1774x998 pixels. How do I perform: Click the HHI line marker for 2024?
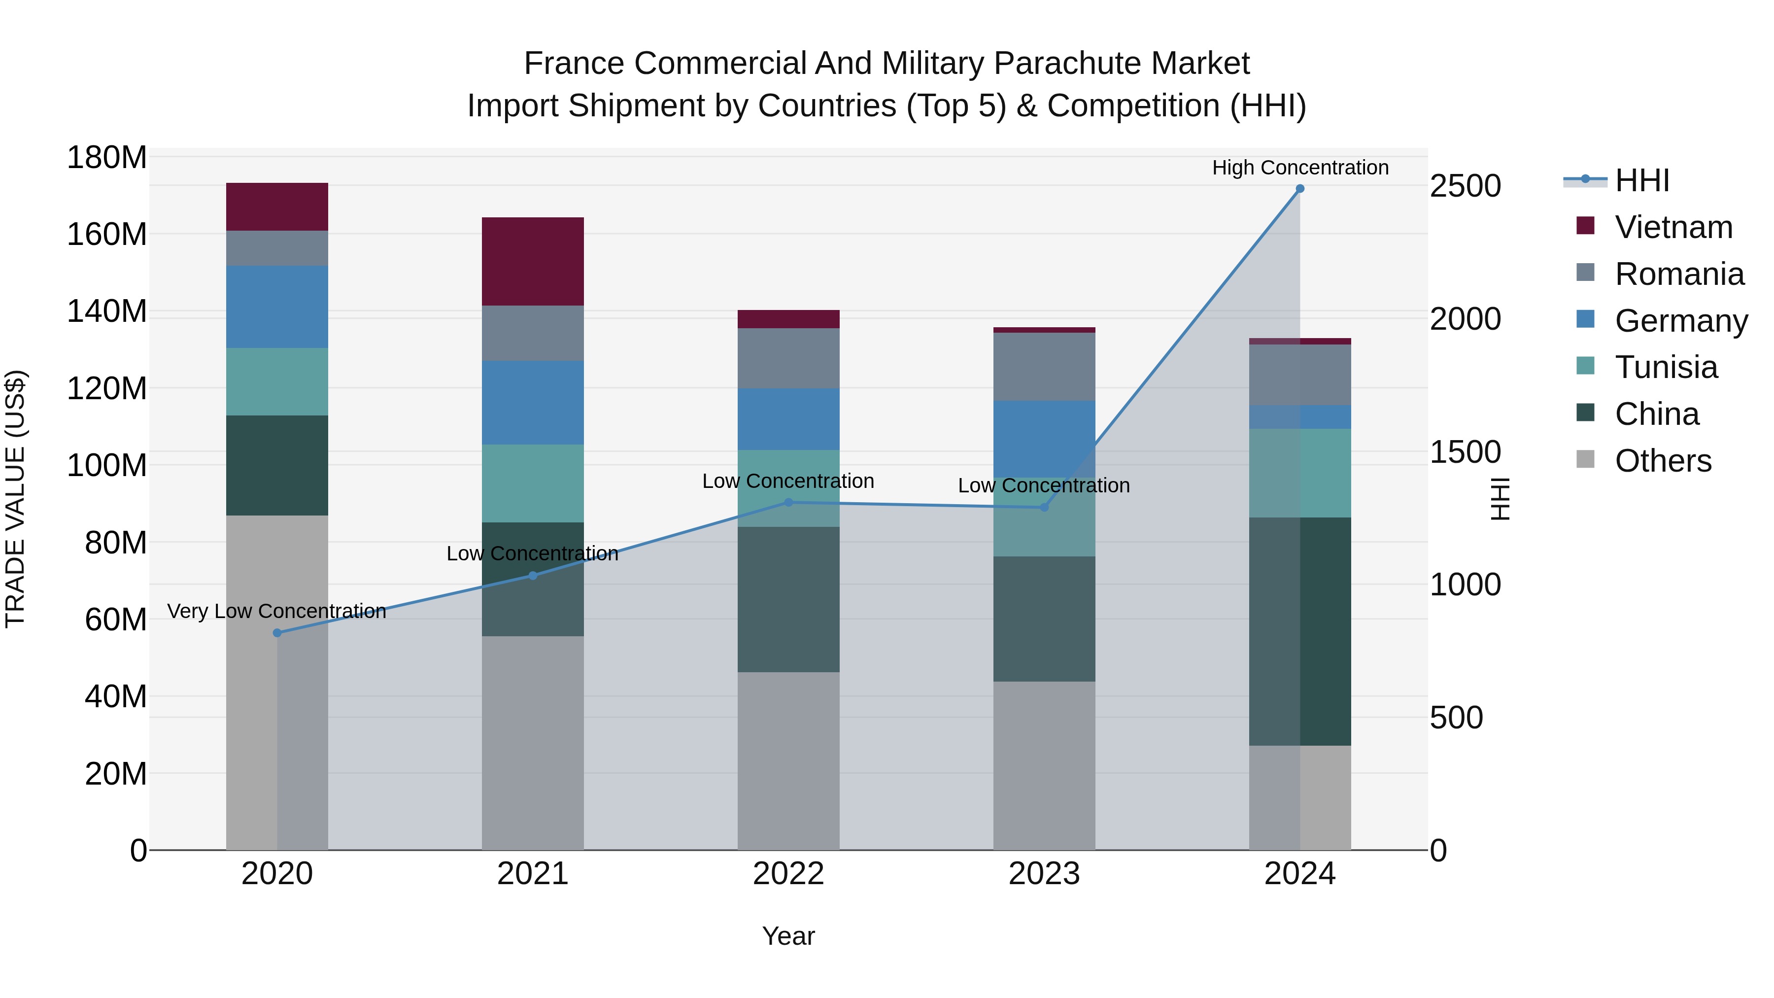pyautogui.click(x=1299, y=189)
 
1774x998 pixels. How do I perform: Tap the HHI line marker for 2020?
pyautogui.click(x=277, y=633)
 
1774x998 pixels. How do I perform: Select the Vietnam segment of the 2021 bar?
pyautogui.click(x=532, y=261)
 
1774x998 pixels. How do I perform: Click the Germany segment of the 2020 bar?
pyautogui.click(x=277, y=307)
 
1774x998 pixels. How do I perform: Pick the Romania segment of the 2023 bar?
pyautogui.click(x=1044, y=366)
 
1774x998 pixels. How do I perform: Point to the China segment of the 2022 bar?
pyautogui.click(x=788, y=599)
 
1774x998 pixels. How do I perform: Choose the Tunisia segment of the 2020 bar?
pyautogui.click(x=277, y=381)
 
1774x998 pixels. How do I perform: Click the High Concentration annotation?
pyautogui.click(x=1299, y=168)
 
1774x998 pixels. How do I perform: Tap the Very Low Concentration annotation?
pyautogui.click(x=277, y=611)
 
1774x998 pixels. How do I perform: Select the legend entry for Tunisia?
pyautogui.click(x=1666, y=367)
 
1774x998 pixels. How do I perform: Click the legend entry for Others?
pyautogui.click(x=1663, y=461)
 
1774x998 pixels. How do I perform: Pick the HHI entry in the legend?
pyautogui.click(x=1642, y=180)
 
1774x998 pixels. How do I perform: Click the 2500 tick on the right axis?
pyautogui.click(x=1465, y=186)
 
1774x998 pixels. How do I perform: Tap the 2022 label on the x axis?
pyautogui.click(x=788, y=874)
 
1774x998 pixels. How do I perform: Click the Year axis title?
pyautogui.click(x=788, y=936)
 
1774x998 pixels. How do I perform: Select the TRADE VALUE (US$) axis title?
pyautogui.click(x=15, y=499)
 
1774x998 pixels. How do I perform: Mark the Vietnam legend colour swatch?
pyautogui.click(x=1585, y=226)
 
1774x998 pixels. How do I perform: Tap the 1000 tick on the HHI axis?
pyautogui.click(x=1465, y=585)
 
